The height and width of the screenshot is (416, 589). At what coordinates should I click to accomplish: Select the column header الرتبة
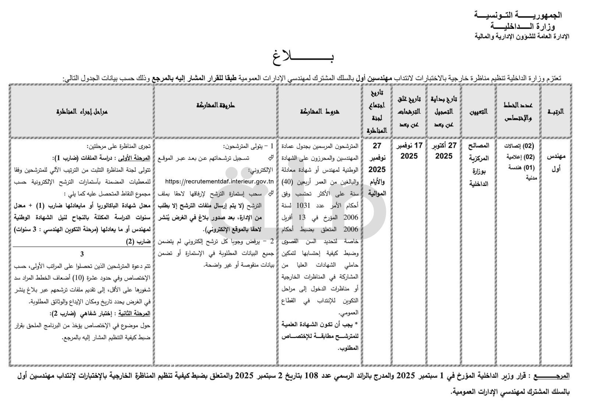[556, 111]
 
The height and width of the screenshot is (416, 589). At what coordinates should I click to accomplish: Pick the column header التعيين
[478, 111]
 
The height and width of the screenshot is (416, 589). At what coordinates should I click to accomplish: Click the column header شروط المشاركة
[320, 111]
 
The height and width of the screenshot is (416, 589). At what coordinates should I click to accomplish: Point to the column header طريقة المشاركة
[215, 105]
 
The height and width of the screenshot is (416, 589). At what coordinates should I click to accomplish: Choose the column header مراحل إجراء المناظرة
[82, 111]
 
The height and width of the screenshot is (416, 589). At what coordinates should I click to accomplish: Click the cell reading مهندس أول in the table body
[556, 162]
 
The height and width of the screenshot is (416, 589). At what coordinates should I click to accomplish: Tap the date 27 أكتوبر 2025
[444, 151]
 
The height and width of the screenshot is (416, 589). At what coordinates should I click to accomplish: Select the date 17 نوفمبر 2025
[409, 151]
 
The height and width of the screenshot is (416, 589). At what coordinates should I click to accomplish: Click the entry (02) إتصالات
[519, 146]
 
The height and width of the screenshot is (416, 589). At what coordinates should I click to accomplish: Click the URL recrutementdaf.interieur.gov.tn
[219, 181]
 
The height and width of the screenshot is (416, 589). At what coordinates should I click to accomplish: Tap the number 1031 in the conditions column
[303, 205]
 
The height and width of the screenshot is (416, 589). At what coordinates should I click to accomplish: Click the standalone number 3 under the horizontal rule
[82, 254]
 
